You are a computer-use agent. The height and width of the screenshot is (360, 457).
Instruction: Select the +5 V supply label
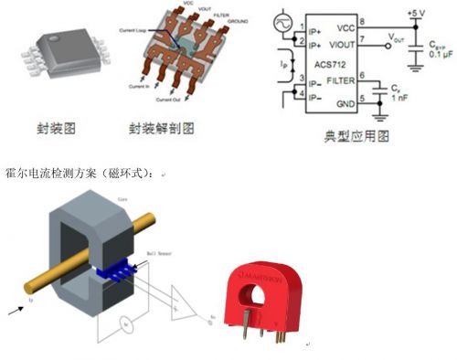(x=419, y=13)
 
